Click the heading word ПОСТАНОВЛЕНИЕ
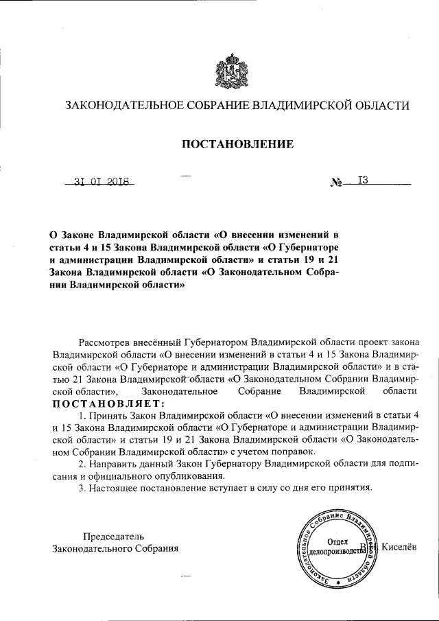tap(237, 144)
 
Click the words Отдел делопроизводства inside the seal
tap(334, 546)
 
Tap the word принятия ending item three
tap(352, 488)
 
